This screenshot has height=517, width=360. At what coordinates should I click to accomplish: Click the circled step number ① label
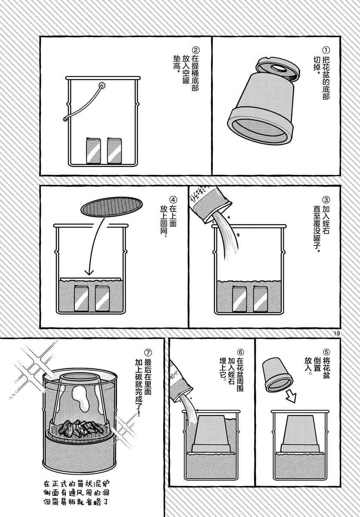[326, 50]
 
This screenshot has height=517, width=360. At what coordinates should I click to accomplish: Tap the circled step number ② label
[196, 50]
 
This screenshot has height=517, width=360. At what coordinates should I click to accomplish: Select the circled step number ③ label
[326, 199]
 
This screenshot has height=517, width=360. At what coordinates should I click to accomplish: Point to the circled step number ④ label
[173, 199]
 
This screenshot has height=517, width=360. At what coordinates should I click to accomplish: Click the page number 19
[337, 334]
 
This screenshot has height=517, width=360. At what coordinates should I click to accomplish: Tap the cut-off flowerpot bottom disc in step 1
[278, 69]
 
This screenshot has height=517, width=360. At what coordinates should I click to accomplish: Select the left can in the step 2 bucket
[93, 151]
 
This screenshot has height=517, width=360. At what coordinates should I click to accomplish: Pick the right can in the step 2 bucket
[114, 151]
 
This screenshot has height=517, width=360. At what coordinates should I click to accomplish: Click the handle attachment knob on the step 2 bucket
[102, 86]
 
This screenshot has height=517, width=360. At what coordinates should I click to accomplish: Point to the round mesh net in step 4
[112, 207]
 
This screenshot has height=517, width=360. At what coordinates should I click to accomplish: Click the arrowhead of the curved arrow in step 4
[89, 272]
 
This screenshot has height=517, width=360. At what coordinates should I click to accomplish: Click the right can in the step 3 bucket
[261, 299]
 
